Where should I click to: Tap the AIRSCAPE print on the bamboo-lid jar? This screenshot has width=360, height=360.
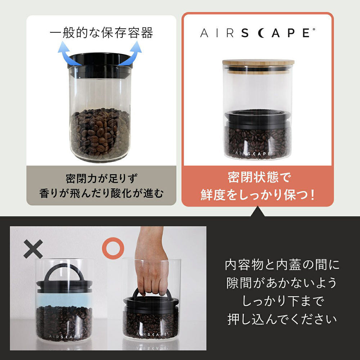pos(254,153)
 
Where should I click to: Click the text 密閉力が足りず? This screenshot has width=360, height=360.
pos(102,178)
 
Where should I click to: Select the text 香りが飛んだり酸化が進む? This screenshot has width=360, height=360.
pos(101,194)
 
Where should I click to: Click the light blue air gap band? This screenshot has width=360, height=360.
pos(64,298)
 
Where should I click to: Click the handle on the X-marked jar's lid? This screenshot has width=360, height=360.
pos(64,272)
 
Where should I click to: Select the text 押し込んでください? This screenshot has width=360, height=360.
pos(282,319)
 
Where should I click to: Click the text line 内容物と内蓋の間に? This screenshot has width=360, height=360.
pos(282,265)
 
